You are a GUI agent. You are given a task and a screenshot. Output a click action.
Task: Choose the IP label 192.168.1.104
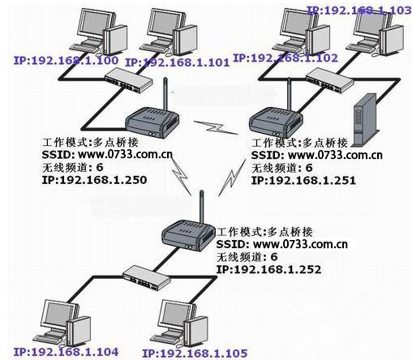(67, 351)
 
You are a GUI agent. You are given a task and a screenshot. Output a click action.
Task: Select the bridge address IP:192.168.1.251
(305, 179)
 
